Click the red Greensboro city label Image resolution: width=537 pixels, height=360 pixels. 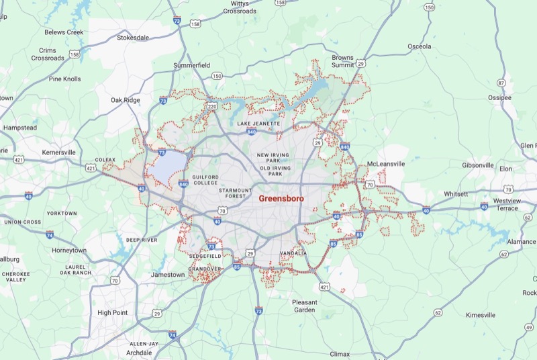click(281, 199)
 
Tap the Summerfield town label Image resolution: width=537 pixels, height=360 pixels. click(191, 65)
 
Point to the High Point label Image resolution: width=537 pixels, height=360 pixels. click(113, 312)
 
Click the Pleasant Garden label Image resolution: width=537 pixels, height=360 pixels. click(308, 306)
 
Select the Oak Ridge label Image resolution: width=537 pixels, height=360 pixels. click(126, 100)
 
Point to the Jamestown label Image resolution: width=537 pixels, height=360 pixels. click(167, 275)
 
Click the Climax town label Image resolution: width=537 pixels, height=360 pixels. click(340, 353)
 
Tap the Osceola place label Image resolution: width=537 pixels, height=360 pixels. click(420, 46)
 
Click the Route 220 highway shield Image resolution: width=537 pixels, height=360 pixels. click(212, 106)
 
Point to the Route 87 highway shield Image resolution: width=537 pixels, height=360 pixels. click(501, 83)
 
